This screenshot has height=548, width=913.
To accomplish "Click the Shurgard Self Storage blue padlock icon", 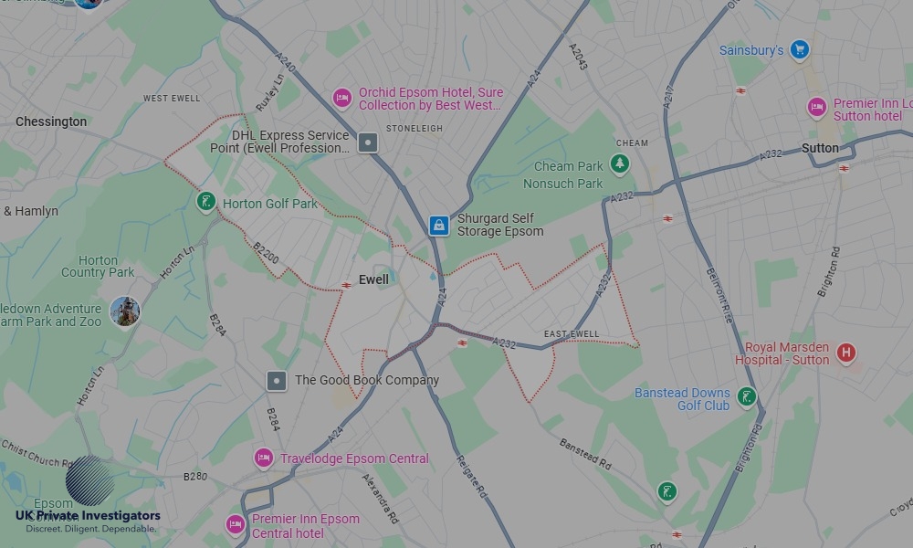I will click(x=439, y=225).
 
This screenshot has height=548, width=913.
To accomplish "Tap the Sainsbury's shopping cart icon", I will click(x=800, y=50).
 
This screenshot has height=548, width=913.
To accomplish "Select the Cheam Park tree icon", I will click(x=621, y=164).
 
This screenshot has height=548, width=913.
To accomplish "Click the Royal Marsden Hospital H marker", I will click(x=846, y=353).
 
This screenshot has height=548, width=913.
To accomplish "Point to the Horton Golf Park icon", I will click(x=206, y=201).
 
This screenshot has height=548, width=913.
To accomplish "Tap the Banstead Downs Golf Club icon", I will click(x=747, y=396).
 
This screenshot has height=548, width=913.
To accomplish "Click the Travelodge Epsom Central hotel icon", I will click(x=264, y=458).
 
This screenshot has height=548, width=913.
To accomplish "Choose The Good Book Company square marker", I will click(x=277, y=380).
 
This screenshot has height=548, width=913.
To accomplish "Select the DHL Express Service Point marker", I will click(x=367, y=142).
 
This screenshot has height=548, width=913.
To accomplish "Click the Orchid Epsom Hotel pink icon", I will click(x=341, y=98).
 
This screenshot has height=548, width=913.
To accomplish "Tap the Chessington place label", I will click(x=51, y=121).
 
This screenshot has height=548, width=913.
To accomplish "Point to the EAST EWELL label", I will click(x=572, y=334).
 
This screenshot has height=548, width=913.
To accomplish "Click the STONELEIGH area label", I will click(x=414, y=129).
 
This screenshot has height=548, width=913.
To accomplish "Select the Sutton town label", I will click(x=820, y=148).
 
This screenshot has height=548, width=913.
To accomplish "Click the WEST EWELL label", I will click(x=171, y=98).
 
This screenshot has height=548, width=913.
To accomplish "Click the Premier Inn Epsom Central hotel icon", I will click(x=235, y=524).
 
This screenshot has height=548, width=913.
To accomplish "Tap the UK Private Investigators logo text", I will click(x=88, y=516).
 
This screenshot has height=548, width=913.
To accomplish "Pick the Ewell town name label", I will click(x=373, y=279).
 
